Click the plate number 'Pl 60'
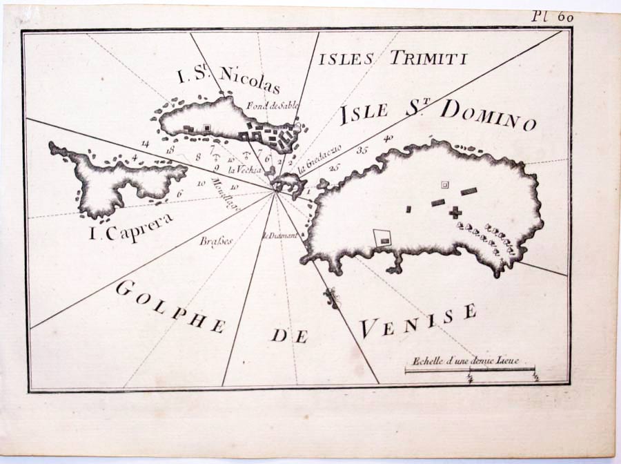(x=552, y=17)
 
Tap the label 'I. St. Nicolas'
(x=229, y=81)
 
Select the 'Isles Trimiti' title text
(x=392, y=58)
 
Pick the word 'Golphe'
(x=170, y=307)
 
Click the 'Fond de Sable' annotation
(x=266, y=106)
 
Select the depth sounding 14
(x=145, y=143)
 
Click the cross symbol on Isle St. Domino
(x=455, y=212)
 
